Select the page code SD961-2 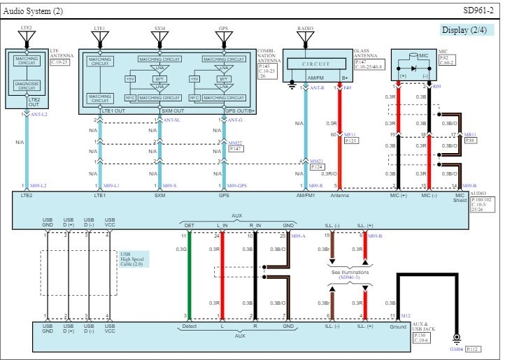[x=478, y=10]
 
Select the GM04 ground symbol [x=457, y=339]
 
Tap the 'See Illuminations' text [x=350, y=272]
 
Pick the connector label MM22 [x=236, y=143]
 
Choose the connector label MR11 [x=469, y=135]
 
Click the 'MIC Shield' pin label [x=458, y=199]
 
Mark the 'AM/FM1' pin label [x=306, y=196]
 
